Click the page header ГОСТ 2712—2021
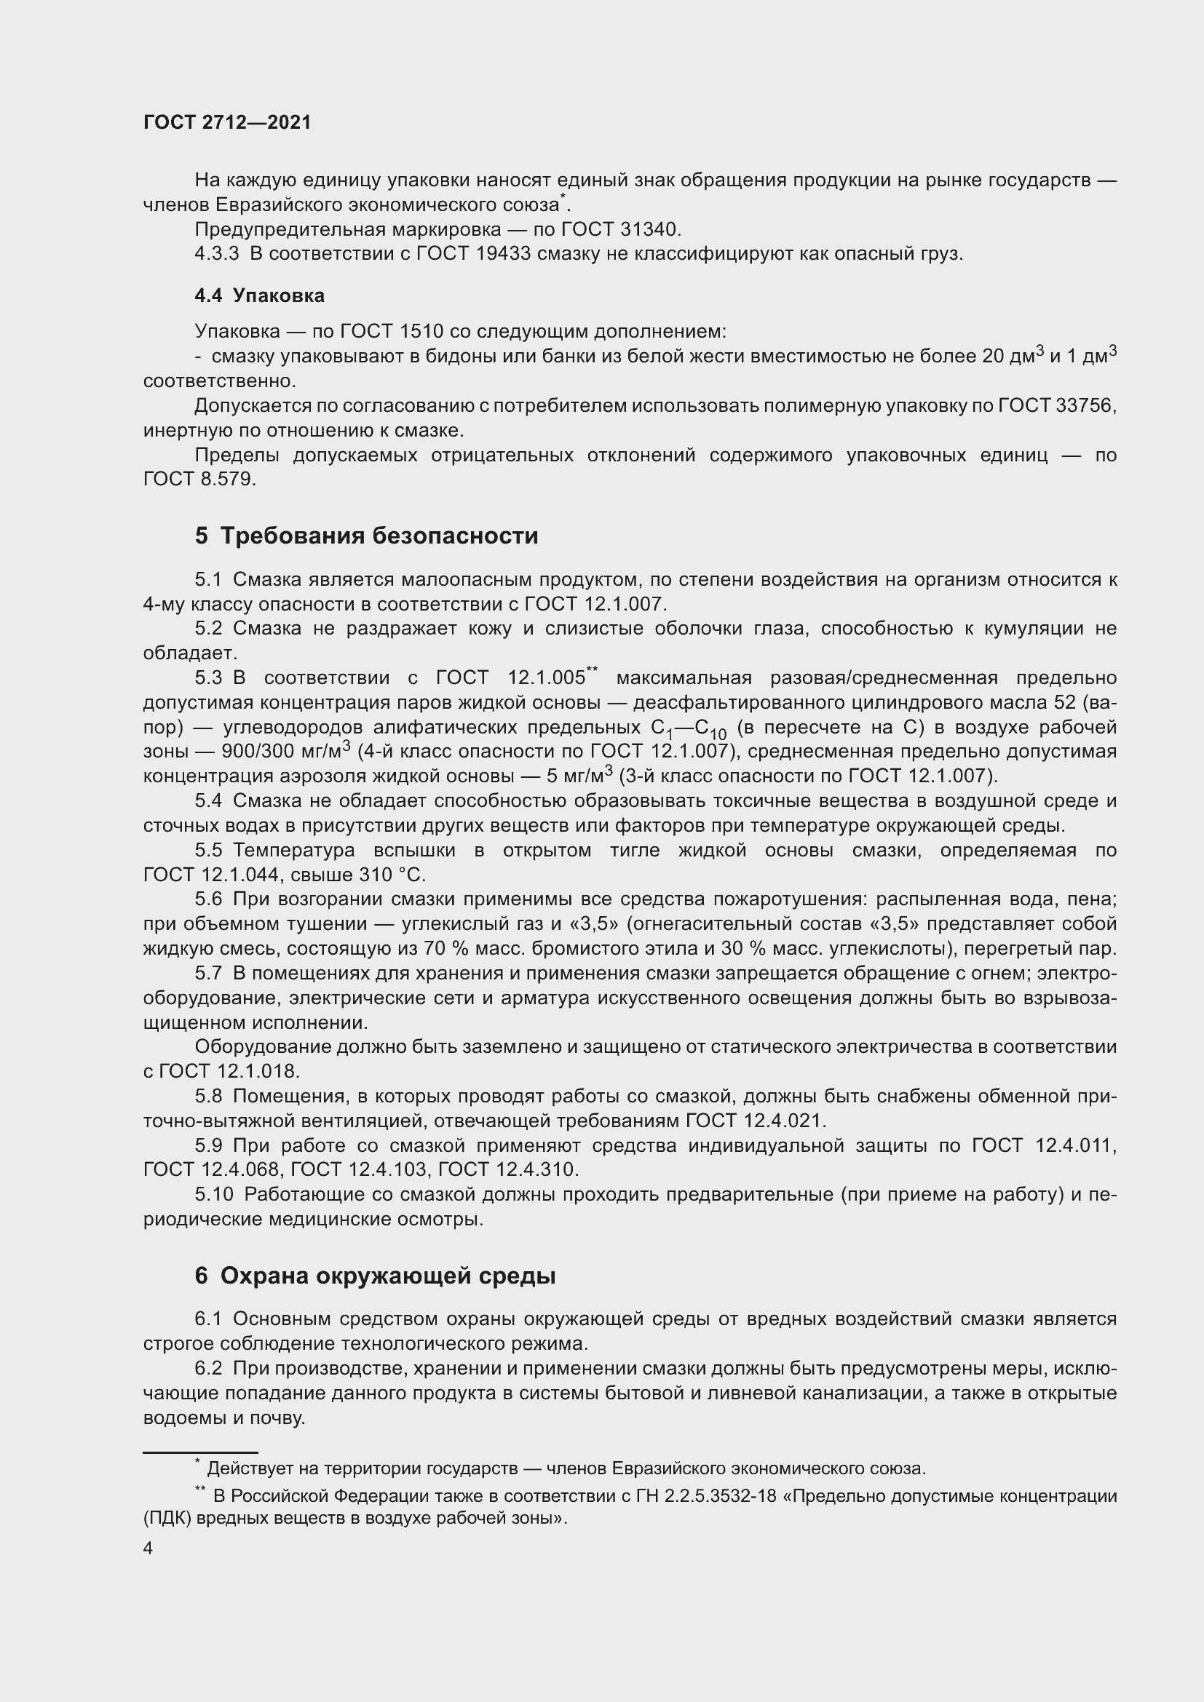(227, 123)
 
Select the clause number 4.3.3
(216, 253)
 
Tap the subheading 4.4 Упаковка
(259, 295)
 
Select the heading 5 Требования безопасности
(366, 536)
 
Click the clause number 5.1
(208, 579)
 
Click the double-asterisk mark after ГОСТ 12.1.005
(592, 671)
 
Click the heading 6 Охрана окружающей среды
(375, 1276)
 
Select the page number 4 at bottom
(148, 1548)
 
